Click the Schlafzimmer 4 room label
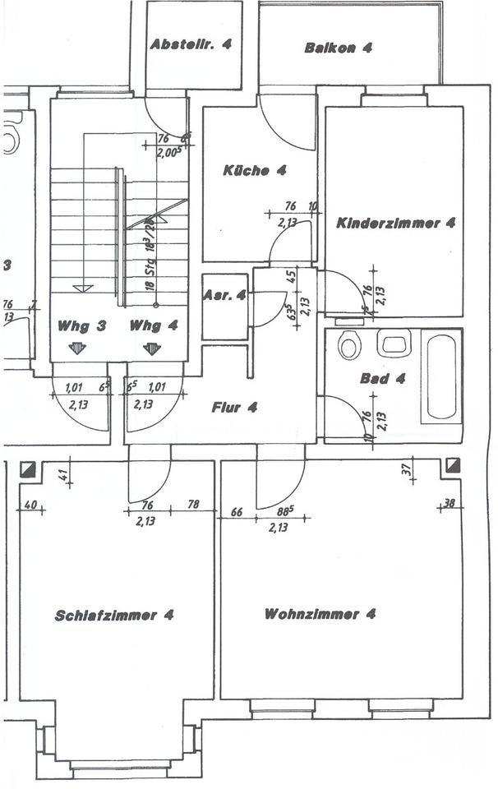114,615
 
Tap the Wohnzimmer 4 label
320,614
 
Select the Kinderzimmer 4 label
396,222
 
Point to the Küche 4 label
254,171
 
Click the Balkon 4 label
338,48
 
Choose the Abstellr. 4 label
191,46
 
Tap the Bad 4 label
383,380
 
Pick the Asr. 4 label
224,296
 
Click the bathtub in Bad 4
441,376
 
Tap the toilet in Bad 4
348,345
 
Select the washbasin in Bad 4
394,343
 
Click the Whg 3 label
81,325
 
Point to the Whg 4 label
153,325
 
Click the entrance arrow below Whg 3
77,348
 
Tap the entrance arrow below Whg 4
151,348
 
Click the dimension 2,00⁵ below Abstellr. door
169,153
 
